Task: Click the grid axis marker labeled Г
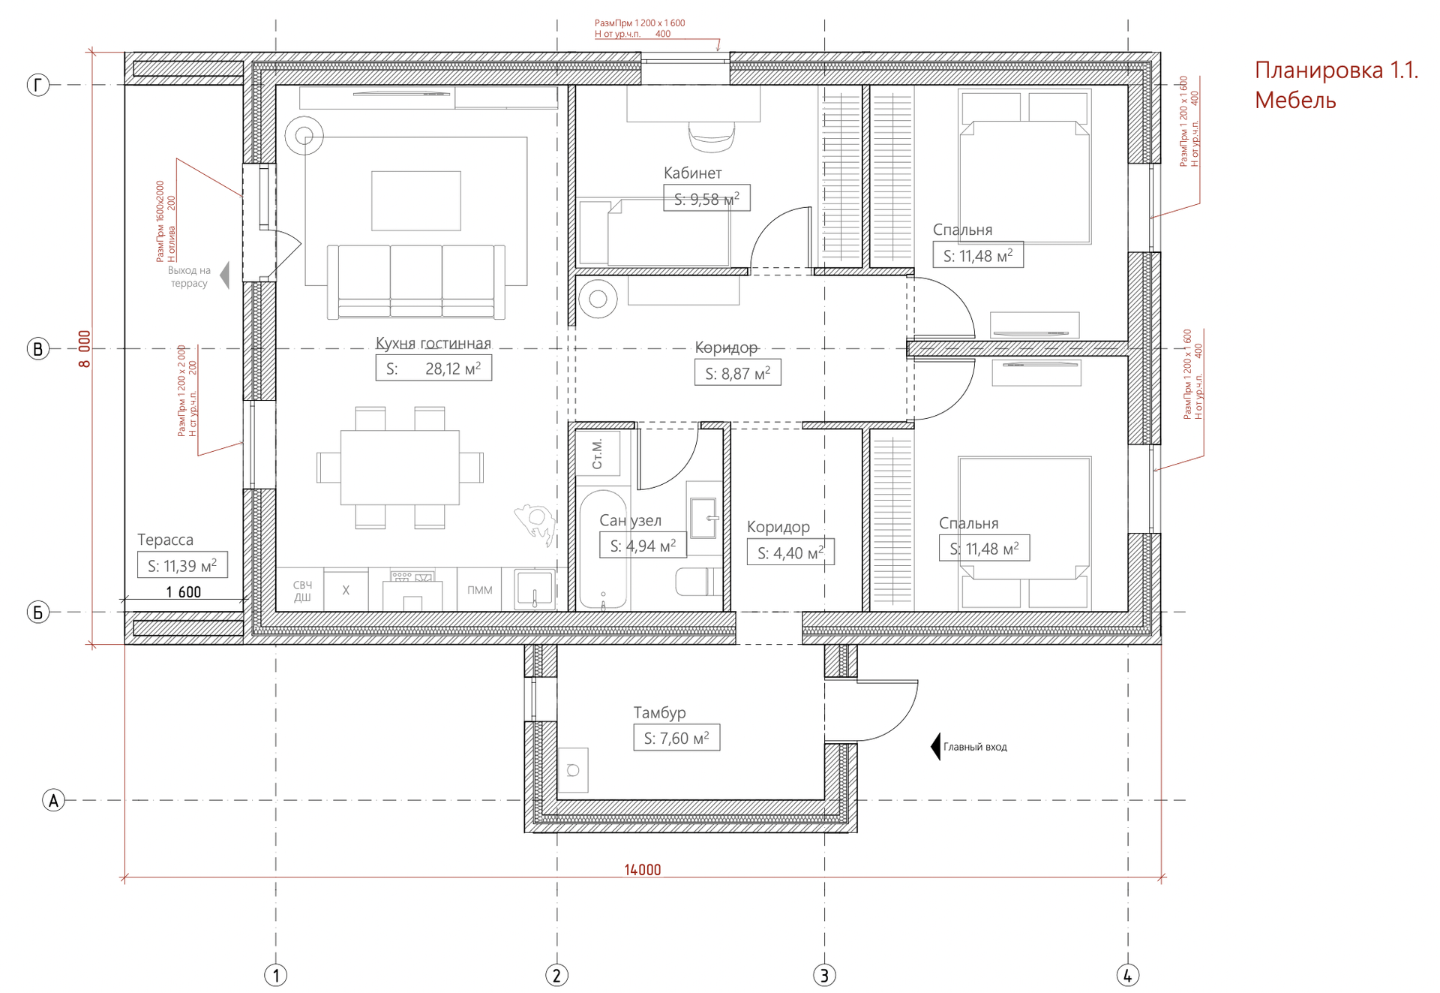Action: pyautogui.click(x=38, y=85)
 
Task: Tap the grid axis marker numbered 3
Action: pyautogui.click(x=824, y=975)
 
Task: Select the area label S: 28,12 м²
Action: pyautogui.click(x=433, y=369)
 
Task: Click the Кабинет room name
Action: pyautogui.click(x=692, y=173)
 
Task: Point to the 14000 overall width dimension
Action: pyautogui.click(x=643, y=869)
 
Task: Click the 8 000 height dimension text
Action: pyautogui.click(x=85, y=349)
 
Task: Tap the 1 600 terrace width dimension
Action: pyautogui.click(x=184, y=592)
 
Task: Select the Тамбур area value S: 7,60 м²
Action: pyautogui.click(x=676, y=738)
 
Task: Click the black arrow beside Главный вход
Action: pyautogui.click(x=935, y=747)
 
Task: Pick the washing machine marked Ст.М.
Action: pyautogui.click(x=598, y=453)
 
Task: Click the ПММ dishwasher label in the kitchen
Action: pyautogui.click(x=480, y=590)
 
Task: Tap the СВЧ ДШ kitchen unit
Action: pyautogui.click(x=301, y=590)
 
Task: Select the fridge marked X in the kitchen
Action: pyautogui.click(x=346, y=590)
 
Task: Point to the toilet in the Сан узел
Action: pyautogui.click(x=699, y=582)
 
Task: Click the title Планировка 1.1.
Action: pyautogui.click(x=1336, y=70)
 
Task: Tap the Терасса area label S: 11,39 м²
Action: pyautogui.click(x=182, y=565)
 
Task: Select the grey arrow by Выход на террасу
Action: pyautogui.click(x=224, y=275)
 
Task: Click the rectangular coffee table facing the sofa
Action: pyautogui.click(x=416, y=200)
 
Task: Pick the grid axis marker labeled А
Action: pyautogui.click(x=53, y=800)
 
